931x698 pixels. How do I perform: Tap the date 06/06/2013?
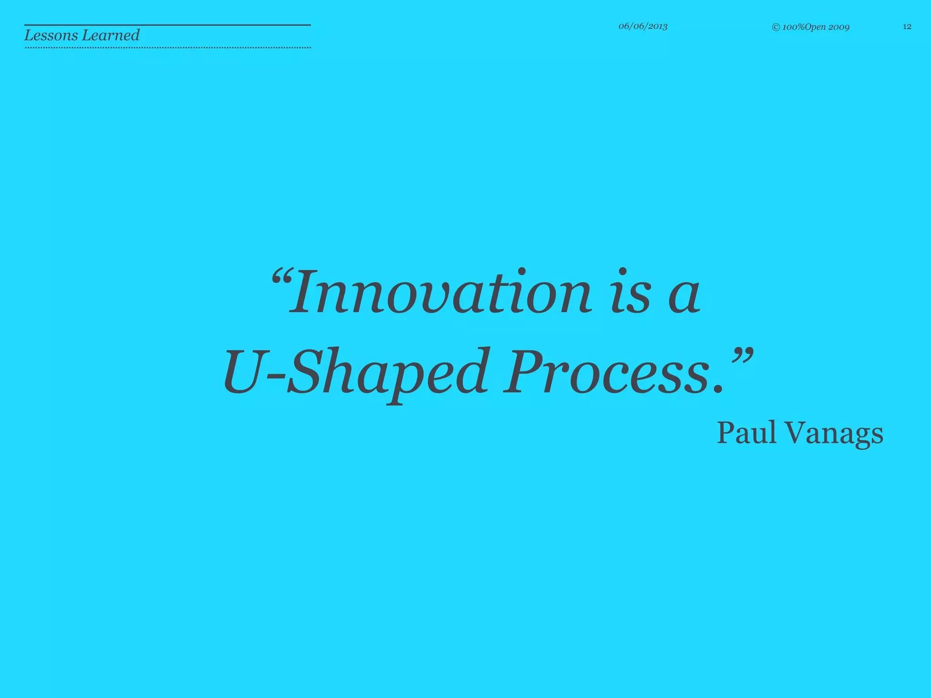point(643,26)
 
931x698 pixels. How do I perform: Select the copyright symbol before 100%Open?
point(776,28)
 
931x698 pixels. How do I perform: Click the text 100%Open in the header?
point(804,27)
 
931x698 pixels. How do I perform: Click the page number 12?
point(907,27)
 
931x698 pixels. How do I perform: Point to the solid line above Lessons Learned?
point(167,25)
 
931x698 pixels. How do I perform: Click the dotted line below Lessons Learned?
point(167,47)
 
